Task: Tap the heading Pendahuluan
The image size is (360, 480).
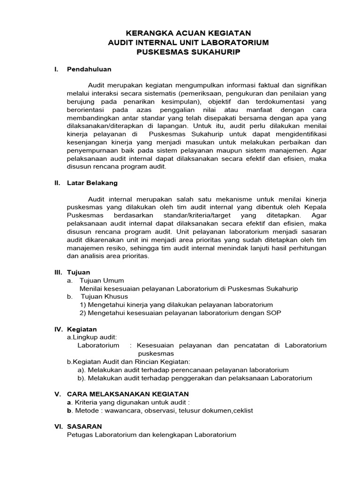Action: (x=89, y=69)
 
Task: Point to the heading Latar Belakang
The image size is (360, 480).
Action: (x=92, y=183)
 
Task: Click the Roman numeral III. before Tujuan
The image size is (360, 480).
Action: (x=59, y=272)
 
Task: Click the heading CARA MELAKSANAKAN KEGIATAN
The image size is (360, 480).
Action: (x=128, y=394)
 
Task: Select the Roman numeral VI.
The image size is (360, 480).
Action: (x=59, y=426)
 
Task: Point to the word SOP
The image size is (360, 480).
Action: (x=273, y=313)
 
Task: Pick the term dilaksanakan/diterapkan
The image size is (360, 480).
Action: (x=104, y=126)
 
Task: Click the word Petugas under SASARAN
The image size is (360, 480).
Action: (x=80, y=435)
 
